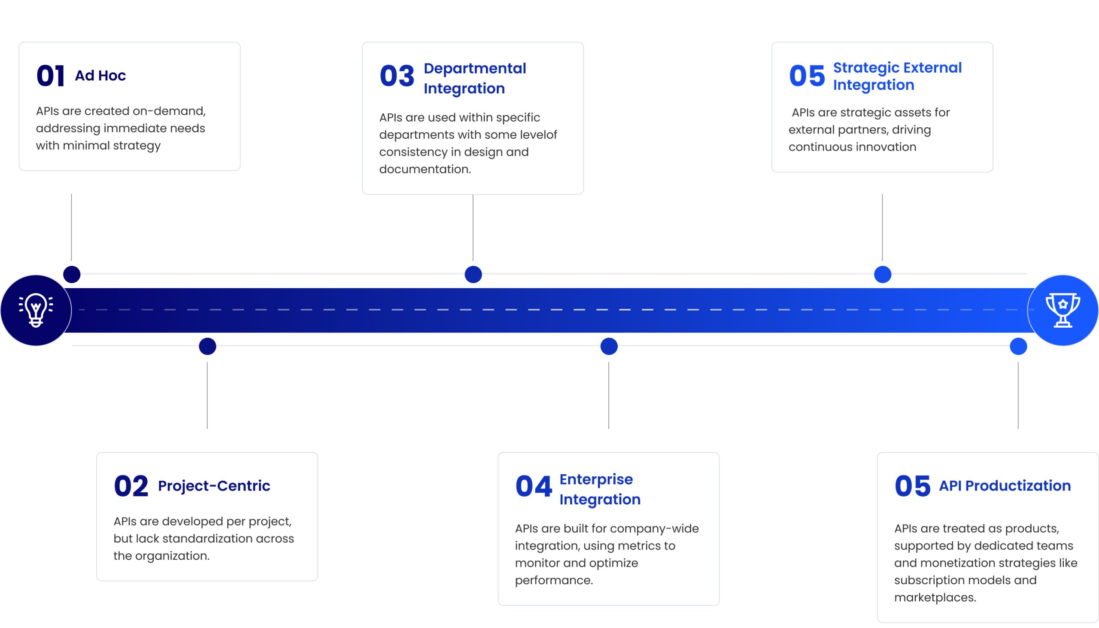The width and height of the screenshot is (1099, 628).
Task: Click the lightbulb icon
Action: coord(36,310)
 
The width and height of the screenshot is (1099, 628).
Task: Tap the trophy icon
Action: coord(1063,310)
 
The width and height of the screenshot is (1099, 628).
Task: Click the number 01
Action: coord(50,76)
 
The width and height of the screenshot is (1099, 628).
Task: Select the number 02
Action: coord(131,486)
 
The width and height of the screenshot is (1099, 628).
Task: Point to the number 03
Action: coord(397,76)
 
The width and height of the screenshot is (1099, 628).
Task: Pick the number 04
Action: coord(534,486)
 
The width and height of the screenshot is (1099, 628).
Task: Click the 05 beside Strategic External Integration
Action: coord(807,76)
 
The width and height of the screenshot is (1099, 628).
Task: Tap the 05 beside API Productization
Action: coord(912,486)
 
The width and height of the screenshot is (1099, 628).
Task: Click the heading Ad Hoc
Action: coord(100,76)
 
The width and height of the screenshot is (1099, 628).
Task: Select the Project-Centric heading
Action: coord(214,486)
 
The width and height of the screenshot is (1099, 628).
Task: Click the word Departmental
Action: coord(475,68)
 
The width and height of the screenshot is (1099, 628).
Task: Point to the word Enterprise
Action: coord(596,479)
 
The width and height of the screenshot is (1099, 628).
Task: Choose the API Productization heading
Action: coord(1005,486)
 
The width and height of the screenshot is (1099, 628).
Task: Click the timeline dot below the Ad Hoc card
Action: coord(72,274)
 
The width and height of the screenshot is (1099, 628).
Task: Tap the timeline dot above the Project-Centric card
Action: coord(207,346)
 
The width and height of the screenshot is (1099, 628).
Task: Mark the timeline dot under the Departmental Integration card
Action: coord(473,274)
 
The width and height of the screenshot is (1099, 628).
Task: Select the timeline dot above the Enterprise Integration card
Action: coord(609,346)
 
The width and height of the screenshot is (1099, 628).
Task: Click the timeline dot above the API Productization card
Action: coord(1018,346)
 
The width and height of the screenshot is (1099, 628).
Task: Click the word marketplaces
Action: coord(935,598)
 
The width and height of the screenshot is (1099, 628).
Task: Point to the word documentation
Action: coord(425,169)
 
